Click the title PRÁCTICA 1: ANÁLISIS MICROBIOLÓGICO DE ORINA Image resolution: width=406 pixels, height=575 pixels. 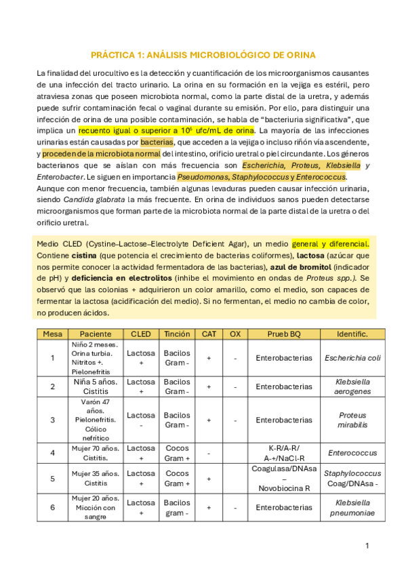tap(203, 54)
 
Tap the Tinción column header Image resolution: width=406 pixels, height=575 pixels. tap(177, 334)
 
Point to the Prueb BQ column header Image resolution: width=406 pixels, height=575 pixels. tap(283, 334)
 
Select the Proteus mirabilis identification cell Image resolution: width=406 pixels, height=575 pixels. tap(352, 420)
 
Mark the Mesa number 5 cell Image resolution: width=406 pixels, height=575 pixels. tap(52, 479)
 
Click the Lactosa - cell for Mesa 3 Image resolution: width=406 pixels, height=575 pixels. tap(140, 420)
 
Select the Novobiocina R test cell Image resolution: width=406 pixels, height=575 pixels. tap(283, 488)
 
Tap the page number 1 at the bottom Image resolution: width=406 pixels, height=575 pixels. tap(367, 545)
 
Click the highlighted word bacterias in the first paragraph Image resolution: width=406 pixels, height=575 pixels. tap(157, 142)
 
